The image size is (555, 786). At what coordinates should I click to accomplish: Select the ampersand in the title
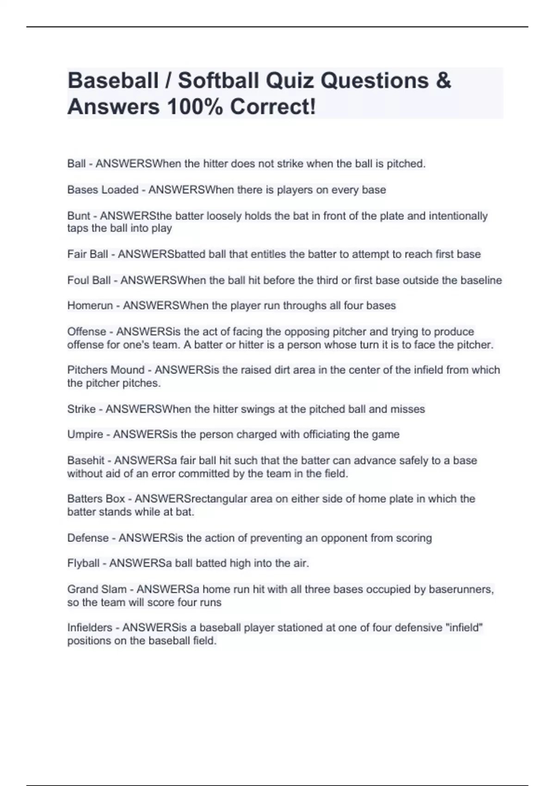443,80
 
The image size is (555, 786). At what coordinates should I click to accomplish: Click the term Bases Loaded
103,190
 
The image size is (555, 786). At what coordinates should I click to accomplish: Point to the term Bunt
79,216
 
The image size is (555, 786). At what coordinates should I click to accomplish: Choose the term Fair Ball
87,254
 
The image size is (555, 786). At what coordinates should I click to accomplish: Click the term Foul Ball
89,280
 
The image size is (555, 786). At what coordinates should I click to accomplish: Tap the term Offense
86,332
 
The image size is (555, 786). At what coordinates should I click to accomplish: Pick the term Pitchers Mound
106,370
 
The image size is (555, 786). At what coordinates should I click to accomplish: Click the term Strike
81,409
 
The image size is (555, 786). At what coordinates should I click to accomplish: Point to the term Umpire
85,434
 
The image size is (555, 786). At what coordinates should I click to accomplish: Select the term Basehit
86,461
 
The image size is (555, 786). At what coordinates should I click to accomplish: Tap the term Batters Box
96,499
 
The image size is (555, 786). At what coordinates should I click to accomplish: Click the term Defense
88,538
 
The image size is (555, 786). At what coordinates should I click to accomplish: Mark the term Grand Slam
97,589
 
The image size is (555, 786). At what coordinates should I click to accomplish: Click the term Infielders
90,628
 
